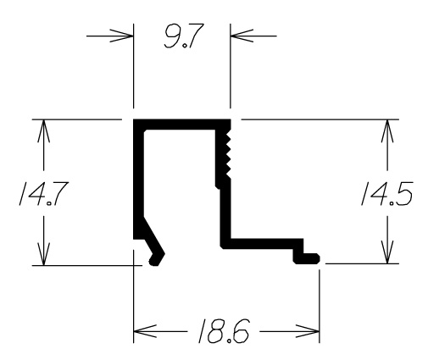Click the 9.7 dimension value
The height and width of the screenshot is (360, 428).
click(184, 36)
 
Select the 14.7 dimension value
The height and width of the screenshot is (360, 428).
click(43, 193)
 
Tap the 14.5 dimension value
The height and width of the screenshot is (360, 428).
click(386, 193)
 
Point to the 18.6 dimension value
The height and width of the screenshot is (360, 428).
click(224, 331)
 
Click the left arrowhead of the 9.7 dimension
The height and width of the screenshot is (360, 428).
click(121, 36)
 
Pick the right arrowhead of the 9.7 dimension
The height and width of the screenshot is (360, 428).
click(242, 36)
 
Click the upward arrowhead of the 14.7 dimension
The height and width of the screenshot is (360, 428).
click(43, 131)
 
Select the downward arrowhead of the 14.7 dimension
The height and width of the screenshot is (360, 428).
click(43, 254)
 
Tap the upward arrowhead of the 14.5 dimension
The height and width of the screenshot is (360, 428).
click(387, 131)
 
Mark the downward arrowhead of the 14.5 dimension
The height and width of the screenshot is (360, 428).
click(387, 252)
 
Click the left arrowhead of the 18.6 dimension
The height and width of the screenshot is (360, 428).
click(145, 331)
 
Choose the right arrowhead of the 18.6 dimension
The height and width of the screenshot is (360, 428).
click(308, 331)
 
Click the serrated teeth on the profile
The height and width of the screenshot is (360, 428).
click(227, 156)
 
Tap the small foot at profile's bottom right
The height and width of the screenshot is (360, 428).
click(307, 258)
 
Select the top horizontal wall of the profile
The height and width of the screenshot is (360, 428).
click(182, 125)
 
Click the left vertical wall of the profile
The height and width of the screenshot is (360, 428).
click(138, 180)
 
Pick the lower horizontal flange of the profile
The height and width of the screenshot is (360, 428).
click(261, 244)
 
